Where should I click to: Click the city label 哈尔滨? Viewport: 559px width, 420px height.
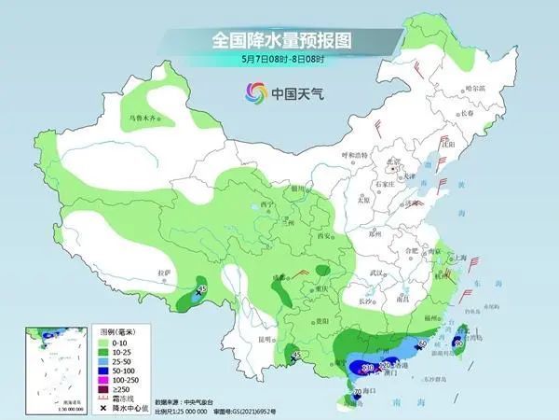point(474,88)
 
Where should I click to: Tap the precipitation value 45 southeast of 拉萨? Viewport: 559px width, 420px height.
point(201,289)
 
